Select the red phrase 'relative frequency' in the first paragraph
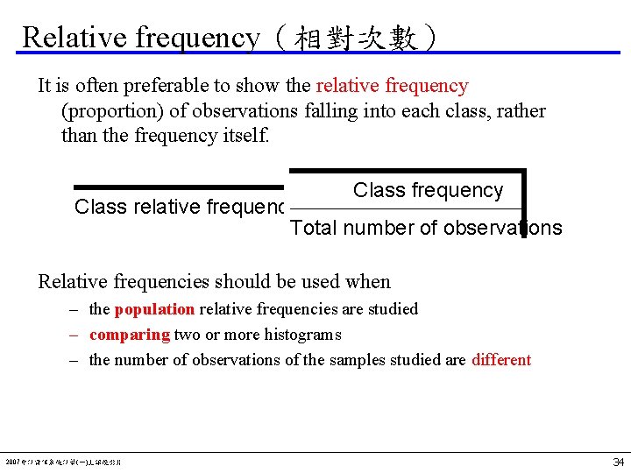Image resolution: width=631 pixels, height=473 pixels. [392, 86]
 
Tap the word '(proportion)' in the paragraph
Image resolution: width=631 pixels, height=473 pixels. [113, 111]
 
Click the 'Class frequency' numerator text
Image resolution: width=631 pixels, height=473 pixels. [428, 190]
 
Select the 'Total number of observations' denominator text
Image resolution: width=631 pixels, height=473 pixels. [426, 228]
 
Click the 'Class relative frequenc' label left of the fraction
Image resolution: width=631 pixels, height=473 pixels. [180, 207]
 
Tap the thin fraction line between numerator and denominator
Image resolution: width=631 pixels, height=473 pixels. [403, 209]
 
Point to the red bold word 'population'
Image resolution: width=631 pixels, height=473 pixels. [154, 309]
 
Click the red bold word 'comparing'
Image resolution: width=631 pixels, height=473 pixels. [130, 335]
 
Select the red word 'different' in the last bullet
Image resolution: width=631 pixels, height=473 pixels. [501, 360]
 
